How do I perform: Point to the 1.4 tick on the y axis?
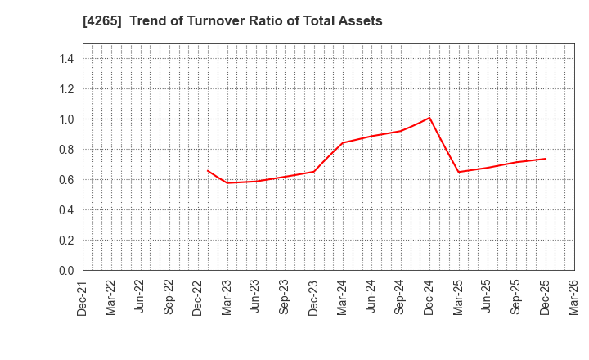(66, 59)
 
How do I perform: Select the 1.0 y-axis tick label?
(66, 119)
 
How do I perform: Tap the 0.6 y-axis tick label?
(66, 180)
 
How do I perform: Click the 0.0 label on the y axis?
(66, 271)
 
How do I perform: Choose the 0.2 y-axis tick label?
(66, 241)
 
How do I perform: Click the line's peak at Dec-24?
(429, 118)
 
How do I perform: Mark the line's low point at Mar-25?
(458, 172)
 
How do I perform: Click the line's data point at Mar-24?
(343, 143)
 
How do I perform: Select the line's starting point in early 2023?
(208, 170)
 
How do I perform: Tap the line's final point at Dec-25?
(545, 159)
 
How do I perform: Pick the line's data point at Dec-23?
(314, 171)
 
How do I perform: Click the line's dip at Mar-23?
(227, 182)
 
